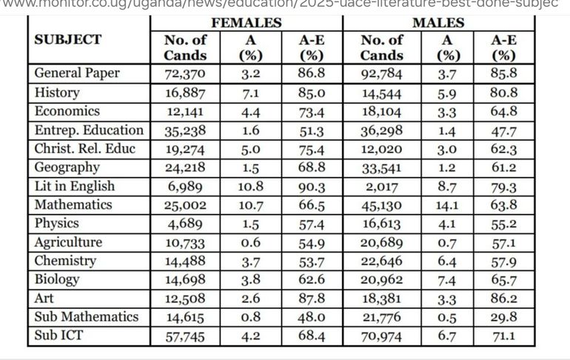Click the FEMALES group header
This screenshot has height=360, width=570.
click(247, 23)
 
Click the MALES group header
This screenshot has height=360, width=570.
click(437, 23)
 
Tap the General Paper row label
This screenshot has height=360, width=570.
click(77, 73)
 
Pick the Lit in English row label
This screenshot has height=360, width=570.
click(75, 186)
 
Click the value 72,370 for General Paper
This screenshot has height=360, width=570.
click(186, 74)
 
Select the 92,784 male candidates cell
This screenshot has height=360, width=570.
click(382, 74)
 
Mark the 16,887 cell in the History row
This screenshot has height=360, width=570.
click(186, 93)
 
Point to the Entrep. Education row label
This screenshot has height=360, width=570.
click(90, 130)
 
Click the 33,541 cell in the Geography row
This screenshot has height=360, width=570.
click(382, 167)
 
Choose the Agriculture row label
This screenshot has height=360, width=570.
click(69, 242)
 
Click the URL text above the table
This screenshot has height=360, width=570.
click(285, 5)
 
